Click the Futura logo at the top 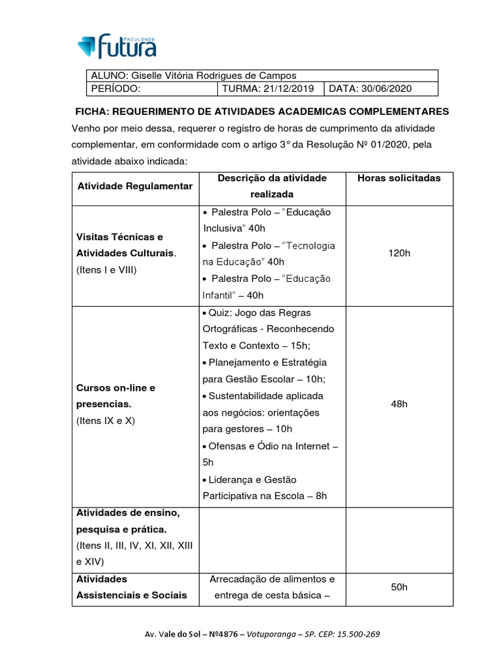(117, 45)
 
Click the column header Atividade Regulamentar (135, 186)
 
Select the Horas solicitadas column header (399, 178)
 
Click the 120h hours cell (399, 253)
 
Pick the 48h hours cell (399, 404)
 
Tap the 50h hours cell (399, 587)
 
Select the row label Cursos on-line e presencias (116, 396)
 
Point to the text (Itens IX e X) (106, 421)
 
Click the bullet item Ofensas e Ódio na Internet (273, 446)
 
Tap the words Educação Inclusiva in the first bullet (267, 220)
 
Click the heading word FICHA (92, 112)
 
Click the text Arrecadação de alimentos (272, 579)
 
